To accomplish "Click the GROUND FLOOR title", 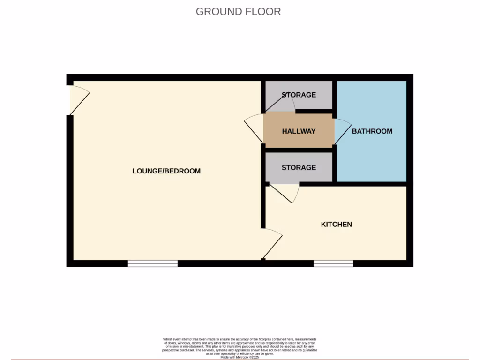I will [x=238, y=12].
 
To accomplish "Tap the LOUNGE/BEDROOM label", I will [x=166, y=171].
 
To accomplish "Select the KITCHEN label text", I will [x=336, y=225].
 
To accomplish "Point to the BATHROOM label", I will [x=372, y=131].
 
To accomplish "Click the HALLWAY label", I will [x=299, y=131].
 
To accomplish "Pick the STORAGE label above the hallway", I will [x=299, y=95].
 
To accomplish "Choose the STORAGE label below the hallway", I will [x=299, y=167].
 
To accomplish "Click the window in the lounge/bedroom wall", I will [x=153, y=263].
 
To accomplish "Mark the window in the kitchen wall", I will [x=333, y=263].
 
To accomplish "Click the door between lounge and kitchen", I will [x=273, y=243].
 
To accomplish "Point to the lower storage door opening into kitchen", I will [x=286, y=193].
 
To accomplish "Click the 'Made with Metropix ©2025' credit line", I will [x=240, y=357].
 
